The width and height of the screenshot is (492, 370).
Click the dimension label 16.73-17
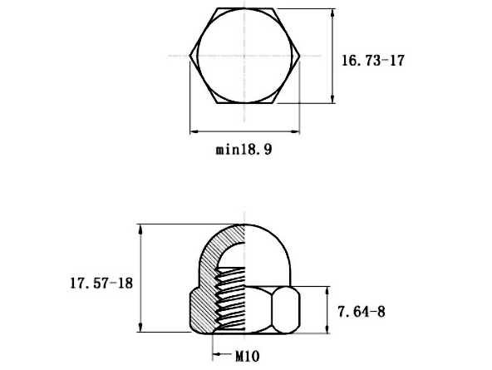click(373, 60)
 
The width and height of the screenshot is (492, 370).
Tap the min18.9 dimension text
click(244, 150)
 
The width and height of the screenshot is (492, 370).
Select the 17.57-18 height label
click(101, 283)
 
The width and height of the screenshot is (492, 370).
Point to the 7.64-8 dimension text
click(362, 312)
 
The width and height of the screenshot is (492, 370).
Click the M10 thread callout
click(248, 356)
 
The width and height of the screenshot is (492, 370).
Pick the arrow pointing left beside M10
click(223, 355)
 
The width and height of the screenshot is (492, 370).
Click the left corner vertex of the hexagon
click(189, 56)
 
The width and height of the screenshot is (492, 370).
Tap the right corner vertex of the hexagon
click(300, 56)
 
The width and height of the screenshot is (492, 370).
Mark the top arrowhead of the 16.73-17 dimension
click(333, 13)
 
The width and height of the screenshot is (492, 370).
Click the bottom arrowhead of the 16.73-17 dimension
click(333, 98)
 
